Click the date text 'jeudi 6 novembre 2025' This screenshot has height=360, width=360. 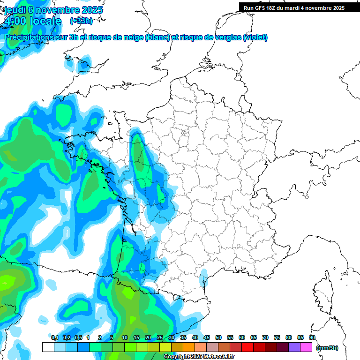[x=53, y=10]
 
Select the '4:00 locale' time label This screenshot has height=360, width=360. [x=32, y=21]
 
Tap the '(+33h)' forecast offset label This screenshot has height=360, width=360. [x=81, y=21]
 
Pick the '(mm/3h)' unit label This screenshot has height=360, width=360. [x=327, y=348]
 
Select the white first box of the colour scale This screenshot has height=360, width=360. [x=48, y=347]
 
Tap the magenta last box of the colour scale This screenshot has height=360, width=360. [x=306, y=347]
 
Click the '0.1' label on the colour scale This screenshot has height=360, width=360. [x=54, y=338]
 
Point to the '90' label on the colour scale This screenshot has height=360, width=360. [x=312, y=338]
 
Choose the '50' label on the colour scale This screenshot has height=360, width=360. [x=218, y=338]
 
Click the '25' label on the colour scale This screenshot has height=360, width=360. [x=160, y=338]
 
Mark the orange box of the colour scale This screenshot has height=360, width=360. [x=189, y=347]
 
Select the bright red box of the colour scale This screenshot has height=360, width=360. [x=247, y=347]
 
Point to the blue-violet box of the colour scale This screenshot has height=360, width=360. [x=294, y=347]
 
